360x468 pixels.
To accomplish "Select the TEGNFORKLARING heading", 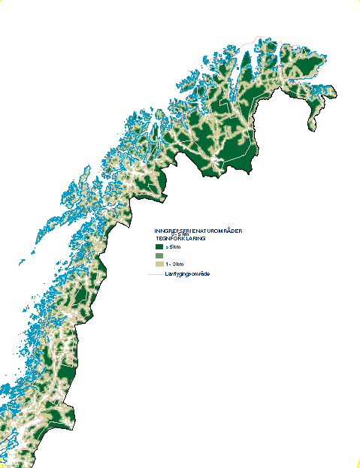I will [x=180, y=238].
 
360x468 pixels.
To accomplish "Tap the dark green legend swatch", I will [x=159, y=247].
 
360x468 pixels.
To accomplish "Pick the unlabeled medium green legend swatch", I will [x=159, y=256].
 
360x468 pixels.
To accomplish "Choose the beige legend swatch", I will [x=159, y=264].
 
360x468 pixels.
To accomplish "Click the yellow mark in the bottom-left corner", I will [x=2, y=465].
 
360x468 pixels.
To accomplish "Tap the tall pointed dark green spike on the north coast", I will [x=247, y=60].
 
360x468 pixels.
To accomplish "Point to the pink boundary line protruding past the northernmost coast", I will [x=260, y=36].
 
